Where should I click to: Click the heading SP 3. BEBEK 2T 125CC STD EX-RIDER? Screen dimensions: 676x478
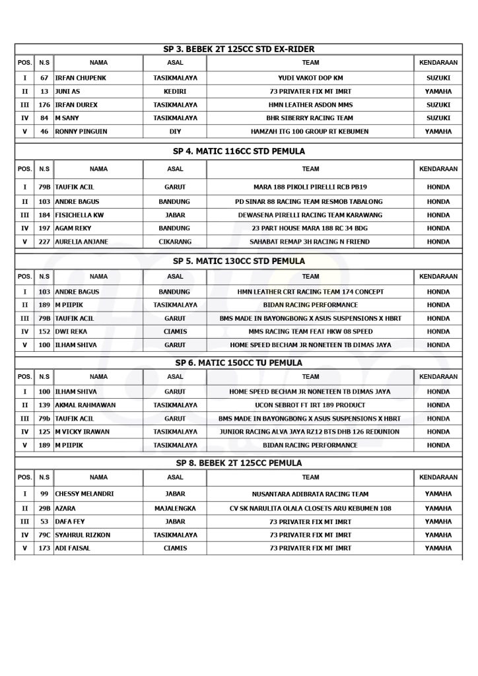tap(239, 49)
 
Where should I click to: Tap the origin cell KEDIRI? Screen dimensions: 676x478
tap(175, 91)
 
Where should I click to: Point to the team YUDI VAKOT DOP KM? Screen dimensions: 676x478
tap(310, 78)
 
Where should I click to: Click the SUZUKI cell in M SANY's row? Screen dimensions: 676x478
tap(438, 118)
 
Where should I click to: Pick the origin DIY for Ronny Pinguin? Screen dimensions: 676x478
tap(175, 131)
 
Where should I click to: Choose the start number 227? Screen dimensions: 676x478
tap(44, 242)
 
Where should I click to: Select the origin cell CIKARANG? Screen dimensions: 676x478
tap(175, 242)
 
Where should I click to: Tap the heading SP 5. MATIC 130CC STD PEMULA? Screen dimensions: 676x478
tap(239, 261)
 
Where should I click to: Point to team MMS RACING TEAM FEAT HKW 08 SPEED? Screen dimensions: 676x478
tap(310, 331)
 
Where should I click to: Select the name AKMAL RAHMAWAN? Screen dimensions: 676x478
tap(83, 405)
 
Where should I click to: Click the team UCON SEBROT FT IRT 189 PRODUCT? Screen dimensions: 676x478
tap(310, 405)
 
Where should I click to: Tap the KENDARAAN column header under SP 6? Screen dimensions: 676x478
tap(438, 377)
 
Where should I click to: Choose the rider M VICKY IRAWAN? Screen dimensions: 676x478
tap(82, 432)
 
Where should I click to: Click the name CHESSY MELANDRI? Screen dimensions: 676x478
tap(85, 494)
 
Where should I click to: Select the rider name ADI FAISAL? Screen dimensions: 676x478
tap(73, 549)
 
